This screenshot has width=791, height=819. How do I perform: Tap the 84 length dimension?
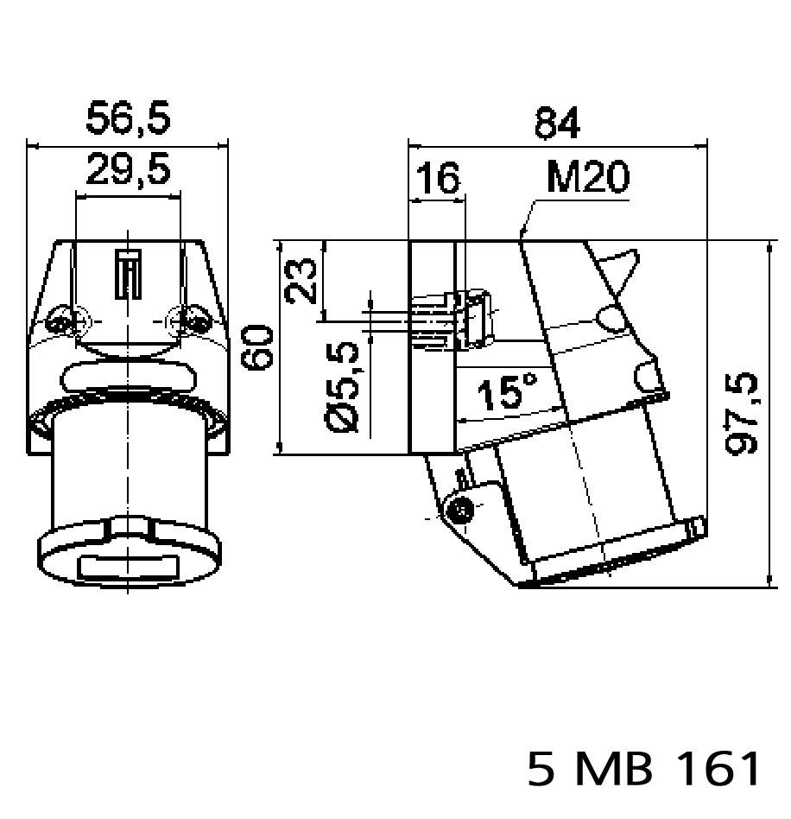(x=557, y=123)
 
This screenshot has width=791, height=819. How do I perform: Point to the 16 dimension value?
(x=438, y=179)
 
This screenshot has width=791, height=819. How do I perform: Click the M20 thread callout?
(x=587, y=178)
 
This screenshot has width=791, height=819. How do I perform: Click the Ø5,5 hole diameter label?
(x=344, y=386)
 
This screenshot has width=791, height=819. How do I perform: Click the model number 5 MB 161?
(x=644, y=769)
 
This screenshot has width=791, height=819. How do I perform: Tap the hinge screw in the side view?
(x=459, y=510)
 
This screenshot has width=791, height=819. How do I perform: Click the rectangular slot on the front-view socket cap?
(x=128, y=568)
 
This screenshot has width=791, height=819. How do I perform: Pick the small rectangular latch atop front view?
(x=127, y=275)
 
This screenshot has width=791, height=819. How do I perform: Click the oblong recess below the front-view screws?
(x=127, y=378)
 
